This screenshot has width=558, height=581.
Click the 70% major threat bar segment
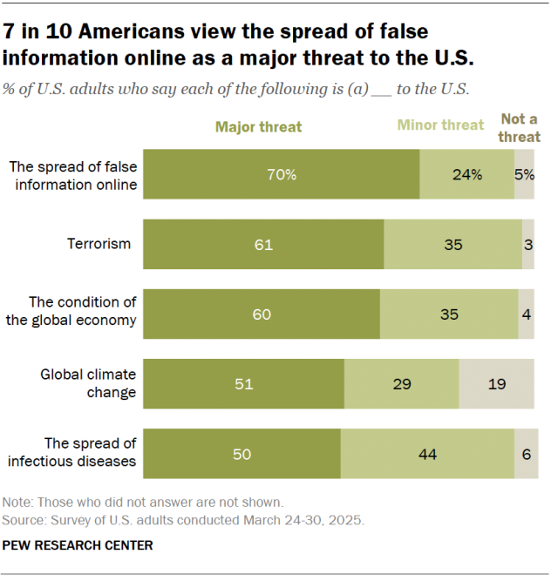pos(281,174)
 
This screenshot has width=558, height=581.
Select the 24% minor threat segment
pos(466,174)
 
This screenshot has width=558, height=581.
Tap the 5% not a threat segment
pos(524,174)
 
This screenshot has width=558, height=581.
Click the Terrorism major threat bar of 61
pos(263,244)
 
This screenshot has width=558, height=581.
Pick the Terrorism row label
pos(99,244)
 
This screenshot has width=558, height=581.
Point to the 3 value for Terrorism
pos(528,244)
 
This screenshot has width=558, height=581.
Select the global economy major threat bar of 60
pos(262,314)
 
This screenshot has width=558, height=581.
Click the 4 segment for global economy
pos(526,314)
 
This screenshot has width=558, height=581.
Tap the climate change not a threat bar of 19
pos(496,383)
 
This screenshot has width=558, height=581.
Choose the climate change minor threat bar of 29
pos(401,383)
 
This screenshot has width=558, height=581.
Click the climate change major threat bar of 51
pos(243,383)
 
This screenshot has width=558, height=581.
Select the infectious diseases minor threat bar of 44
pos(427,453)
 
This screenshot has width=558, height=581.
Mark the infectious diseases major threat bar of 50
pos(242,453)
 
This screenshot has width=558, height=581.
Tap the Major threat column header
pos(259,126)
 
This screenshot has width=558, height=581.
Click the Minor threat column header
pos(440,125)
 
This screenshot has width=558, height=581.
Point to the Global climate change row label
pos(89,383)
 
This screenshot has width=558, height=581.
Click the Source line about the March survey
pos(183,520)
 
